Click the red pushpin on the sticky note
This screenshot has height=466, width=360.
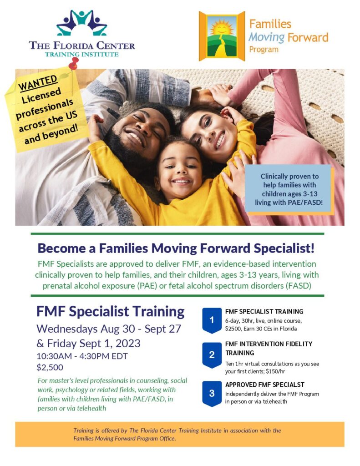73,63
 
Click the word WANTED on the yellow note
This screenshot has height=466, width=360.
38,83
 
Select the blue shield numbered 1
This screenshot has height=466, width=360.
212,320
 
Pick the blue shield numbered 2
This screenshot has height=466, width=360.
212,355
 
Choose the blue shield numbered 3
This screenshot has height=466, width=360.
212,394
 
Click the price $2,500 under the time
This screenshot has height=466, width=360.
50,367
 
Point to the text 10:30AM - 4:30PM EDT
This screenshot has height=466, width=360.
82,356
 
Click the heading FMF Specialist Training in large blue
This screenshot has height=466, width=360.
110,311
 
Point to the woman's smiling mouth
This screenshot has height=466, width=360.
220,141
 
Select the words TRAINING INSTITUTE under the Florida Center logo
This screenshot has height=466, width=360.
82,55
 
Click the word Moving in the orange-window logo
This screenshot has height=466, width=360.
267,38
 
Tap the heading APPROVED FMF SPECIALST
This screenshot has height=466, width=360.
264,385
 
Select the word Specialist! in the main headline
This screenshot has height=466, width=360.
284,248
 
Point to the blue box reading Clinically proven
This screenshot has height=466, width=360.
289,189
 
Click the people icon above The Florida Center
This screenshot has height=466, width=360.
82,23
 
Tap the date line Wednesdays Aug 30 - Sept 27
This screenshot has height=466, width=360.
109,329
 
